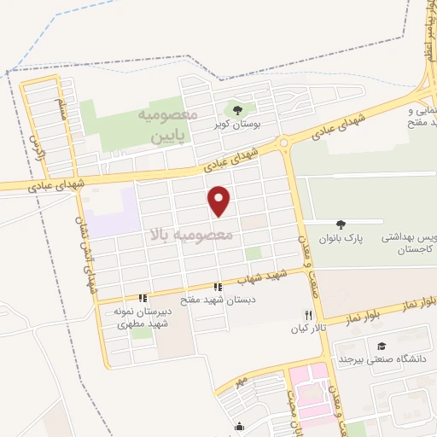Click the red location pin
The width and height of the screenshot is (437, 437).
point(220,201)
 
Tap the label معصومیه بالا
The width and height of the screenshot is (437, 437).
point(187,233)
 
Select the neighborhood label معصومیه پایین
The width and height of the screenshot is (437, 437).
point(168,125)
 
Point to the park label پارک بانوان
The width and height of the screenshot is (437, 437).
point(342,239)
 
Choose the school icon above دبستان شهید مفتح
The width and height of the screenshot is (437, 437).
point(218,287)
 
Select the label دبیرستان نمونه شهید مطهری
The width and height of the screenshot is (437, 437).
point(143,318)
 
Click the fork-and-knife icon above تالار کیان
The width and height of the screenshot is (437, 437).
point(309,314)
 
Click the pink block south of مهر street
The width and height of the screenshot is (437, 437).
point(309,388)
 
